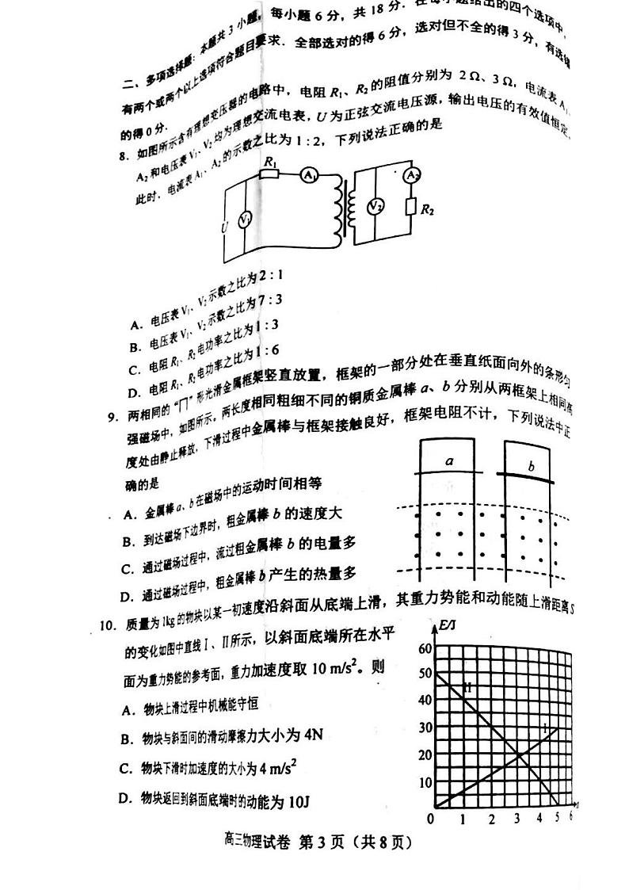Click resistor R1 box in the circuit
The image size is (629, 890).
[x=271, y=172]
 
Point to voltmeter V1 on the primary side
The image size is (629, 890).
[x=246, y=220]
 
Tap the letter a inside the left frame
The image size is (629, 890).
[x=449, y=460]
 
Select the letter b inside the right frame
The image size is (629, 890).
[x=531, y=466]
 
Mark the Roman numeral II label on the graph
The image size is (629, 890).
[x=467, y=687]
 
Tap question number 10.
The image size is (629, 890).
[x=109, y=625]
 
